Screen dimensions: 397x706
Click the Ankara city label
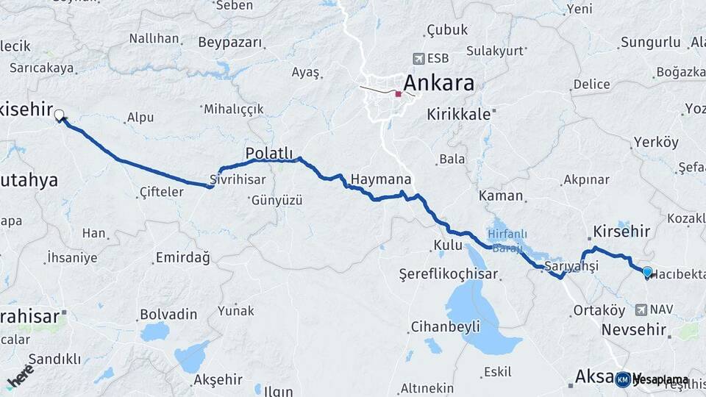coord(439,82)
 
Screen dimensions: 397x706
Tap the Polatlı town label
coord(269,153)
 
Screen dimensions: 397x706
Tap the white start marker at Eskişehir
coord(59,115)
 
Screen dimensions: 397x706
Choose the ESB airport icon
coord(419,59)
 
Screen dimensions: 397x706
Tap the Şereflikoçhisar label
coord(448,273)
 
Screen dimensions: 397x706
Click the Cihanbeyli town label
coord(446,326)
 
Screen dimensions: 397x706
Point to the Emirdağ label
coord(182,258)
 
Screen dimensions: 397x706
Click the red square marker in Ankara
coord(398,94)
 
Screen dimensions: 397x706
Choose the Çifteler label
coord(160,191)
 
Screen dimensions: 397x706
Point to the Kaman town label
coord(501,196)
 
